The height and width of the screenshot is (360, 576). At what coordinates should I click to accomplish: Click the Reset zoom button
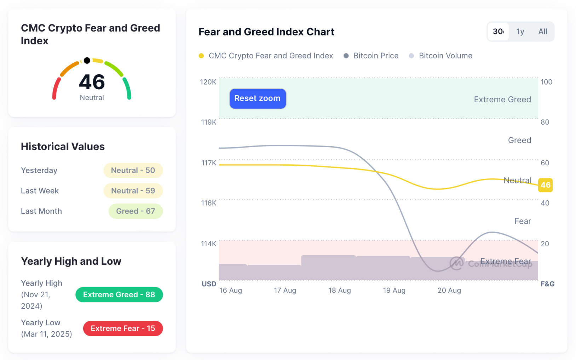pos(258,98)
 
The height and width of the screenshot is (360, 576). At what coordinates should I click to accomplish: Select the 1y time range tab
pos(520,32)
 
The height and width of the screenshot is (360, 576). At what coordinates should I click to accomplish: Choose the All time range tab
pos(542,32)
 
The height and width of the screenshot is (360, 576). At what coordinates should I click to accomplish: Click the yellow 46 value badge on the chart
pos(545,185)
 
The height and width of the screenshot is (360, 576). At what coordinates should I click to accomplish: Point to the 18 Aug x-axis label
pos(339,290)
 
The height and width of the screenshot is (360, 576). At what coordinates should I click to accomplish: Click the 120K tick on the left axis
pos(208,82)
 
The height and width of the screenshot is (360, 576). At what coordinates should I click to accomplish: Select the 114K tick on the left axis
pos(208,244)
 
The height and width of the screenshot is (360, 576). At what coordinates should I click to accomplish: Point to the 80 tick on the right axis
pos(545,122)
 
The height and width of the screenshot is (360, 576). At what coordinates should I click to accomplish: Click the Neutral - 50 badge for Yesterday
pos(133,170)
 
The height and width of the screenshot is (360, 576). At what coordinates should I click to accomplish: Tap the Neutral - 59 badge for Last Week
pos(133,191)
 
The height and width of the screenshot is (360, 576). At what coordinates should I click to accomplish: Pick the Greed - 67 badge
pos(136,211)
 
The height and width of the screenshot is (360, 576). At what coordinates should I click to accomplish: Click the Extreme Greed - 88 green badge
pos(119,295)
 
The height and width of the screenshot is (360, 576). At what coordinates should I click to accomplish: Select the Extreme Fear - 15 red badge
pos(123,328)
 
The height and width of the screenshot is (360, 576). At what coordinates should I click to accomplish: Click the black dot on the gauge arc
pos(87,61)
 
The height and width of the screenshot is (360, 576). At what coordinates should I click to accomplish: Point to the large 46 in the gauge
pos(92,82)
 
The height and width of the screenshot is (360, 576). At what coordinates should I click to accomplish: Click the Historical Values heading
pos(63,147)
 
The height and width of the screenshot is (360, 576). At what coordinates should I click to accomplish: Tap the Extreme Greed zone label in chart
pos(502,99)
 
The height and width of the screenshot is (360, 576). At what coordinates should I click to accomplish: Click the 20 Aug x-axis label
pos(449,290)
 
